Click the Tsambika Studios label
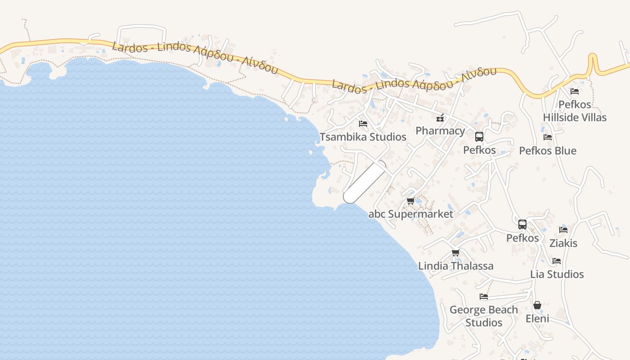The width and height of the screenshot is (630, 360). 363,137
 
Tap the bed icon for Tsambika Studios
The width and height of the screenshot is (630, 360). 363,124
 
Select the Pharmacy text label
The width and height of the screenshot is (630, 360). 440,131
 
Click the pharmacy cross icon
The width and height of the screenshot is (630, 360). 440,118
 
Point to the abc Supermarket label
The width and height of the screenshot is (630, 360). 411,214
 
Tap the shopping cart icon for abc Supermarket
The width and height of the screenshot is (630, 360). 410,201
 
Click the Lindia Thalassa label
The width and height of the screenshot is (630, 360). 456,266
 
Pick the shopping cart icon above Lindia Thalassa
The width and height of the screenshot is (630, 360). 455,253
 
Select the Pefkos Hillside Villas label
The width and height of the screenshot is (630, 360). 575,111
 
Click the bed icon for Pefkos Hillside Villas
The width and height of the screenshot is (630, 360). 575,91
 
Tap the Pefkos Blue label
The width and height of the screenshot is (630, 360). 548,151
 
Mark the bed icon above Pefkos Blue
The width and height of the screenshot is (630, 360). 548,137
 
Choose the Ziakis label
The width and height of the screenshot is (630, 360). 563,243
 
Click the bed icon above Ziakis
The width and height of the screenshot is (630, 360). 563,230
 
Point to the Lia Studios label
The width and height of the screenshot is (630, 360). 557,274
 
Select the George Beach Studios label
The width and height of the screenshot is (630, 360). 484,316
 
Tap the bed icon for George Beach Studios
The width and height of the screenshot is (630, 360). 484,297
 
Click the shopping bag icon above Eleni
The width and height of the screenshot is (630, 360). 537,306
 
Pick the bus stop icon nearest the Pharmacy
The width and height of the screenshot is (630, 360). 479,137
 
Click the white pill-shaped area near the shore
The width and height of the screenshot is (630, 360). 364,182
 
